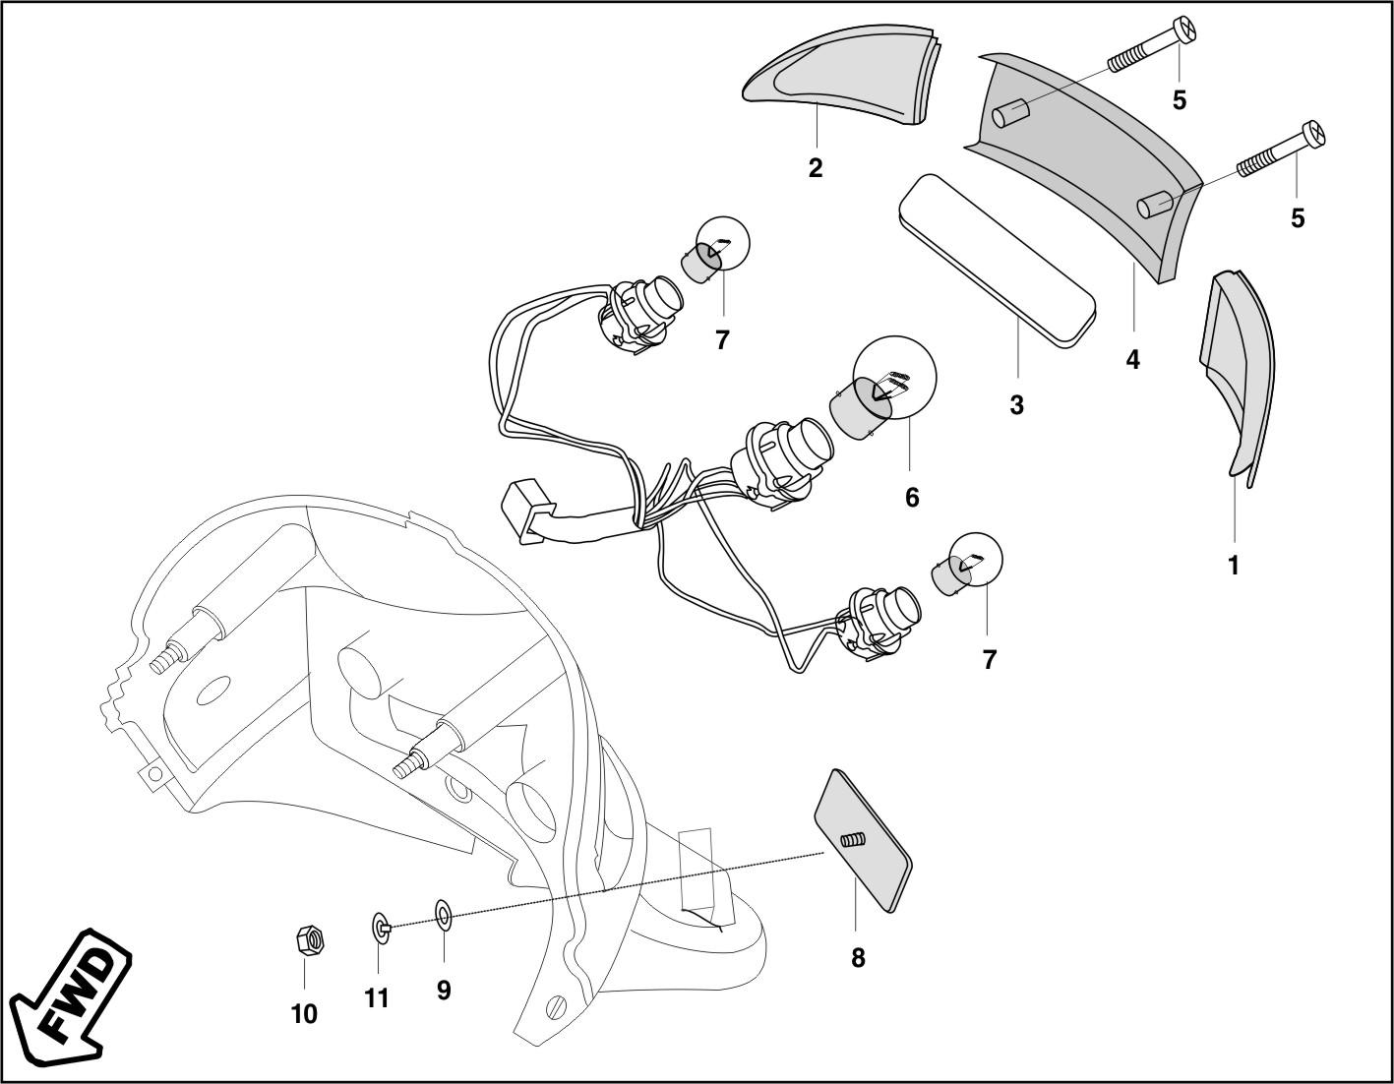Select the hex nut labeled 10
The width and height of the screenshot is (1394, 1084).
coord(309,941)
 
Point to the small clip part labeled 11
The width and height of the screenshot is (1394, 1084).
coord(381,926)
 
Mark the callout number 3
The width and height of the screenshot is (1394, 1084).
coord(1016,404)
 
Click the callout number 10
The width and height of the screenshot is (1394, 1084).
coord(304,1014)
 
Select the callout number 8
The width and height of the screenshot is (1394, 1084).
coord(858,957)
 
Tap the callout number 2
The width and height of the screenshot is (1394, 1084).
coord(816,168)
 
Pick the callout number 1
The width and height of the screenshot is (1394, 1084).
coord(1234,566)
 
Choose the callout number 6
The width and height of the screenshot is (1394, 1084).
coord(912,498)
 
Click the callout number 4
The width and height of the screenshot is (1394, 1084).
coord(1132,360)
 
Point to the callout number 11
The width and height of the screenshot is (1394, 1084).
coord(377,998)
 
